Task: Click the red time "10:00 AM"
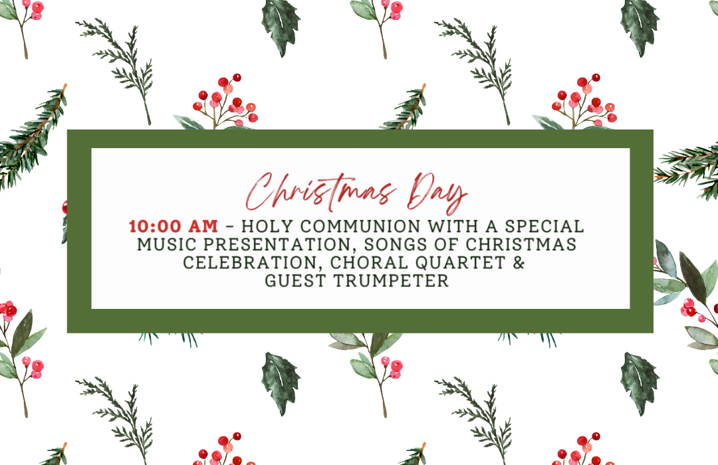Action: (174, 227)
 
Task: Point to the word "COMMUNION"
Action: (361, 227)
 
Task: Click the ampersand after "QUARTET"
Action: (519, 263)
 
